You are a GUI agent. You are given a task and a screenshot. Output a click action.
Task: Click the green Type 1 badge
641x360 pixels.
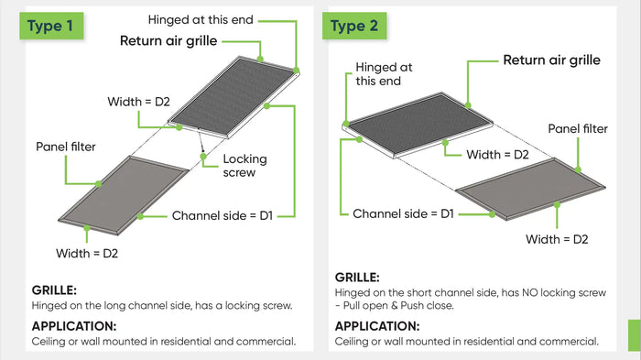50,25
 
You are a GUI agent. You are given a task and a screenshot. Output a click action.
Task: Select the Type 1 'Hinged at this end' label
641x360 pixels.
201,19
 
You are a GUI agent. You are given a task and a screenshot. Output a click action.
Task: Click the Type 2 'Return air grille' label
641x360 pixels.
551,60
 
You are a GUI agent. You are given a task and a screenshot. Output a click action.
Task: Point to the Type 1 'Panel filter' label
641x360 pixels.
66,147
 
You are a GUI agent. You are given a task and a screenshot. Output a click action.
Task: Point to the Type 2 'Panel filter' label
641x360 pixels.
577,129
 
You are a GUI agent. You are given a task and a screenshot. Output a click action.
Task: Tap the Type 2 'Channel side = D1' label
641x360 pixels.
404,213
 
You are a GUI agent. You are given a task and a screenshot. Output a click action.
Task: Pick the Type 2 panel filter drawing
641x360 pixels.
531,188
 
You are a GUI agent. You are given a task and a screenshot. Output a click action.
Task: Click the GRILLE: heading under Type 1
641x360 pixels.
54,290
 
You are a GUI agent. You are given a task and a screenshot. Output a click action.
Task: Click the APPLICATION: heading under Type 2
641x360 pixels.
376,326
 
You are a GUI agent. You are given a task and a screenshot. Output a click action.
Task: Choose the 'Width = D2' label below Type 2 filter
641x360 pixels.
556,239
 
